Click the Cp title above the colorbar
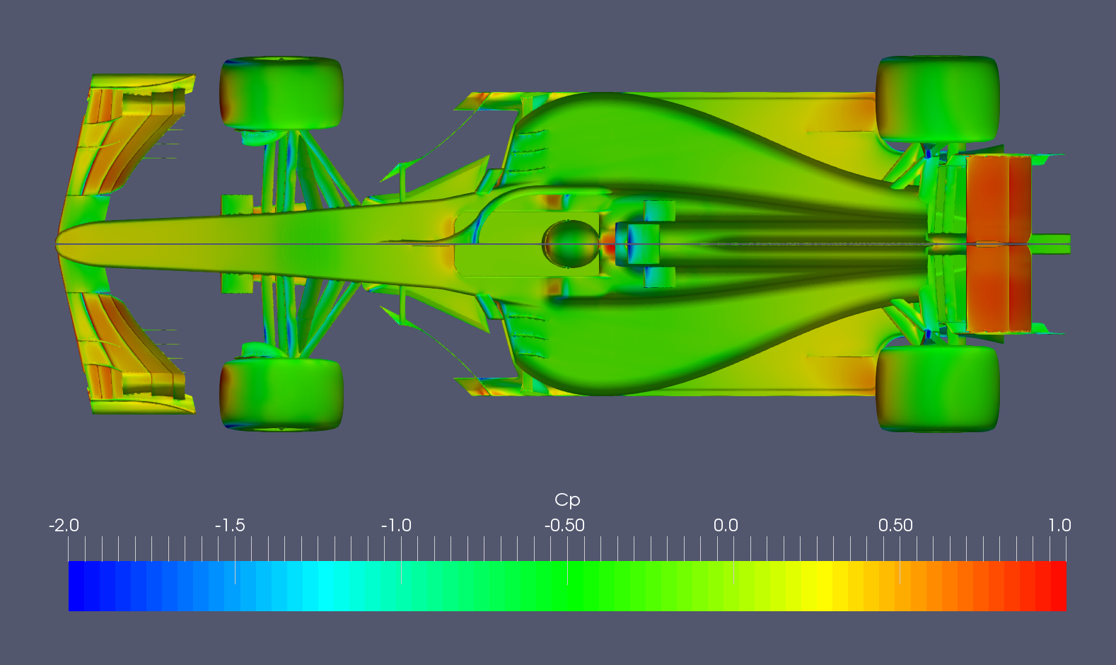coord(567,500)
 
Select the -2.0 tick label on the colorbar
coord(64,526)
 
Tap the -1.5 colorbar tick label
coord(230,526)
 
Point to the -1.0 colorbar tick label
coord(396,526)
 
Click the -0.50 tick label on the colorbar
coord(564,526)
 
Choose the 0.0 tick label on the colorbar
coord(726,526)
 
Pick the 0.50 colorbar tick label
coord(895,526)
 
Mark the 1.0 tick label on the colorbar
coord(1059,526)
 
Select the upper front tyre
coord(281,93)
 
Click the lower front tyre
coord(281,393)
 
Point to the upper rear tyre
coord(938,99)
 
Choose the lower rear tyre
coord(938,388)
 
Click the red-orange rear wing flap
coord(997,243)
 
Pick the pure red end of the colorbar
coord(1058,586)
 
